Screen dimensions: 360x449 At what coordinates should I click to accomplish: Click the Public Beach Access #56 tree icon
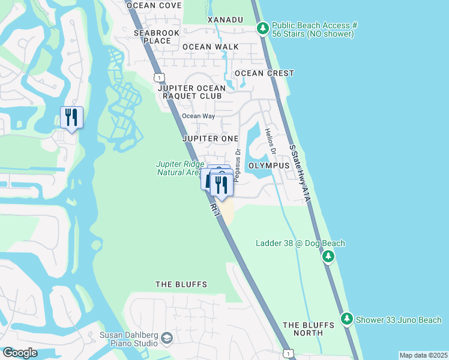(x=262, y=28)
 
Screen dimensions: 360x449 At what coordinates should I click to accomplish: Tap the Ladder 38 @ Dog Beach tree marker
(x=328, y=257)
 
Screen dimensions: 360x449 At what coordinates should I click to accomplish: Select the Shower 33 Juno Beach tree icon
(x=346, y=319)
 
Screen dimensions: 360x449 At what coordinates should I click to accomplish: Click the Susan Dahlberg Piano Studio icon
(x=167, y=340)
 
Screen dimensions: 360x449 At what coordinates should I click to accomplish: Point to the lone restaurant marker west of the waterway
(x=71, y=117)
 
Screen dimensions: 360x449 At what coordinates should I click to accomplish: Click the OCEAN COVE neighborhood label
(x=154, y=5)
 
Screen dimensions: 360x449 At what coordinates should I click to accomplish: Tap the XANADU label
(x=225, y=20)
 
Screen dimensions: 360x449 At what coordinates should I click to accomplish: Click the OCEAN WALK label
(x=210, y=46)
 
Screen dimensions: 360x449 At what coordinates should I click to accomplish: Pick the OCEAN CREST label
(x=264, y=73)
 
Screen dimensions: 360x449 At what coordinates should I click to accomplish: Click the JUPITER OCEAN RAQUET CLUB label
(x=190, y=92)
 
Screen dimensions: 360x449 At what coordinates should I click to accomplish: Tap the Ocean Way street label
(x=198, y=116)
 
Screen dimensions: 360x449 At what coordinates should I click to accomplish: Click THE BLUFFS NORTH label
(x=308, y=329)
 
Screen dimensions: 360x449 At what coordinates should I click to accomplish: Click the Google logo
(x=20, y=353)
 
